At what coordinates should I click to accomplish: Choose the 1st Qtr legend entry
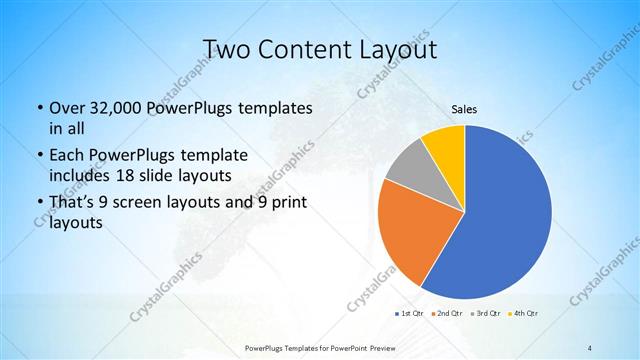408,314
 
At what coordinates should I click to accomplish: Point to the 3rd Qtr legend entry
487,314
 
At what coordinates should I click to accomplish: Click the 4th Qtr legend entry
525,314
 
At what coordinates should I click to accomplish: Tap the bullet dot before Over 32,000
39,108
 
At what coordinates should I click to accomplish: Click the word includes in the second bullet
83,175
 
